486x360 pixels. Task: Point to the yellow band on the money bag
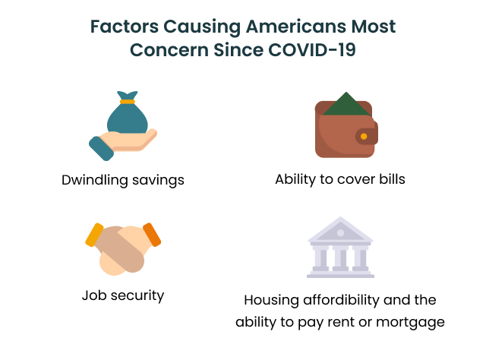click(x=127, y=100)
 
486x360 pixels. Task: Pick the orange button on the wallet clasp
click(x=364, y=137)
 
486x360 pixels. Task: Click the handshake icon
click(x=123, y=248)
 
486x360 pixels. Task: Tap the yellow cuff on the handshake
click(x=94, y=235)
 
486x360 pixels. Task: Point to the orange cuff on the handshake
click(x=152, y=234)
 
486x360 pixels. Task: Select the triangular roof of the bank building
click(x=339, y=229)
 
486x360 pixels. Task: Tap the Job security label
click(x=123, y=295)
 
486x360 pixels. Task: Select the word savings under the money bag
click(x=157, y=181)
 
